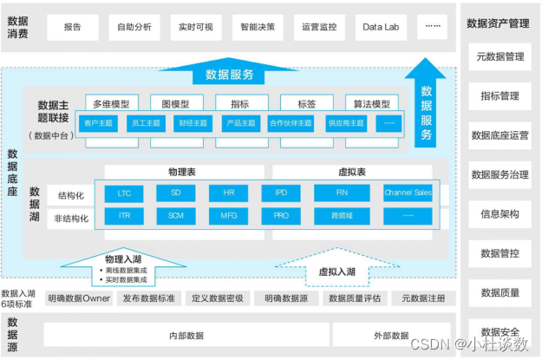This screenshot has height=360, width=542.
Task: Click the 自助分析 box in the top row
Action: [134, 27]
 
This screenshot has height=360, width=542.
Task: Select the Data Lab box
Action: [381, 27]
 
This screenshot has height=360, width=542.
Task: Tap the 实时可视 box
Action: [196, 27]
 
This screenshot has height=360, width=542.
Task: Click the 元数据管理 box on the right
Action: [500, 57]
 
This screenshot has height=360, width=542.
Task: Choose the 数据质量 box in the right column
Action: [500, 292]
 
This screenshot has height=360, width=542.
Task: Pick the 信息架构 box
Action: [500, 213]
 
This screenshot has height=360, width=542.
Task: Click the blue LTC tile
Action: [124, 193]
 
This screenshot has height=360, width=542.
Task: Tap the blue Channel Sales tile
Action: [408, 193]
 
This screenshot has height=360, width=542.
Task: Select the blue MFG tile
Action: [228, 214]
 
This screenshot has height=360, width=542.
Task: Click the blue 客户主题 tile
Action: [99, 123]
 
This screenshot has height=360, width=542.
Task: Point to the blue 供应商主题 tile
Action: [342, 123]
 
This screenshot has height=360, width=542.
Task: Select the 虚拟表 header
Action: [351, 173]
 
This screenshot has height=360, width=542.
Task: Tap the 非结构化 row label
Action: [71, 219]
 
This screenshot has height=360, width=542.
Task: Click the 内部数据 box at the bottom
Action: [186, 336]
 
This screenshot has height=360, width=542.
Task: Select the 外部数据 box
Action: [390, 336]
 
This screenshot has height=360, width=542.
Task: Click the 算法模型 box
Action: [372, 103]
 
